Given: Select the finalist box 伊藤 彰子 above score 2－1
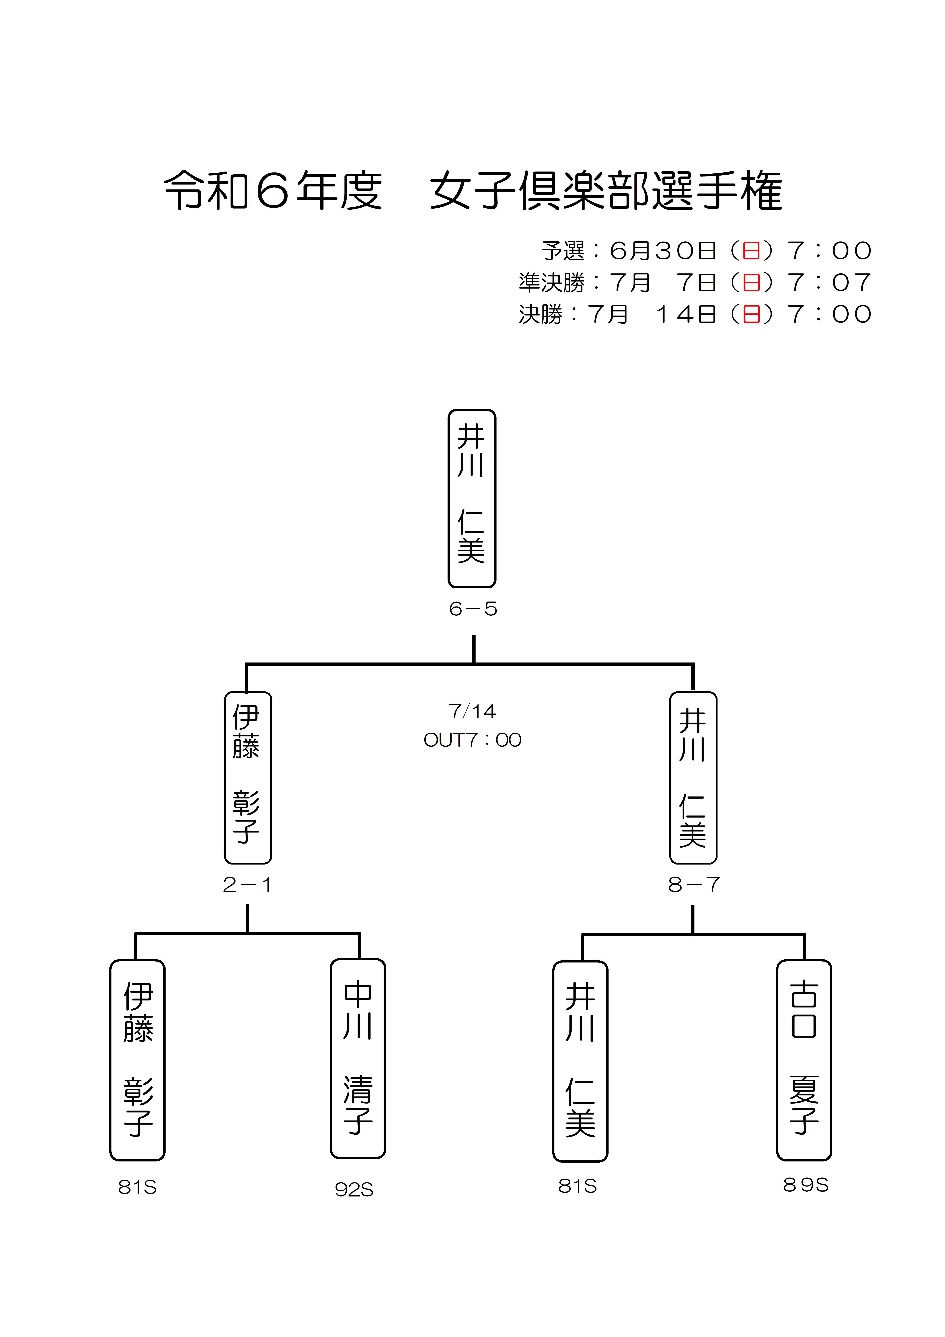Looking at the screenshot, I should tap(248, 777).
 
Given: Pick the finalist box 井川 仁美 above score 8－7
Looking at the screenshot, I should tap(693, 777).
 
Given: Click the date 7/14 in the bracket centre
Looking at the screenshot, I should tap(472, 711).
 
